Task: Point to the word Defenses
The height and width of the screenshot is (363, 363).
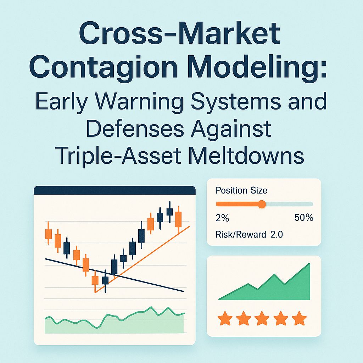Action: [134, 129]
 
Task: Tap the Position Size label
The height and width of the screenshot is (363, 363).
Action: [241, 190]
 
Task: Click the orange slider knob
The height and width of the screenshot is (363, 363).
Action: [262, 204]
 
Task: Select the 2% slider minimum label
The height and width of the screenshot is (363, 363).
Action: [222, 218]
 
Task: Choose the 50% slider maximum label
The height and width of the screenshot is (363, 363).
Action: [304, 218]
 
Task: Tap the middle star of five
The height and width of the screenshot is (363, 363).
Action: [262, 318]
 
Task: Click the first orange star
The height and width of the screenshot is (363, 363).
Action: [225, 318]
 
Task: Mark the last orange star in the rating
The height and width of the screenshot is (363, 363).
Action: [300, 318]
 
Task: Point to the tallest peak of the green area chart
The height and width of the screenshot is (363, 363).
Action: [309, 264]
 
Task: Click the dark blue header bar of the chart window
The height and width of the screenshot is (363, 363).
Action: [115, 190]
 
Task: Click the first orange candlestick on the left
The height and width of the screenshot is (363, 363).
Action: [48, 234]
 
